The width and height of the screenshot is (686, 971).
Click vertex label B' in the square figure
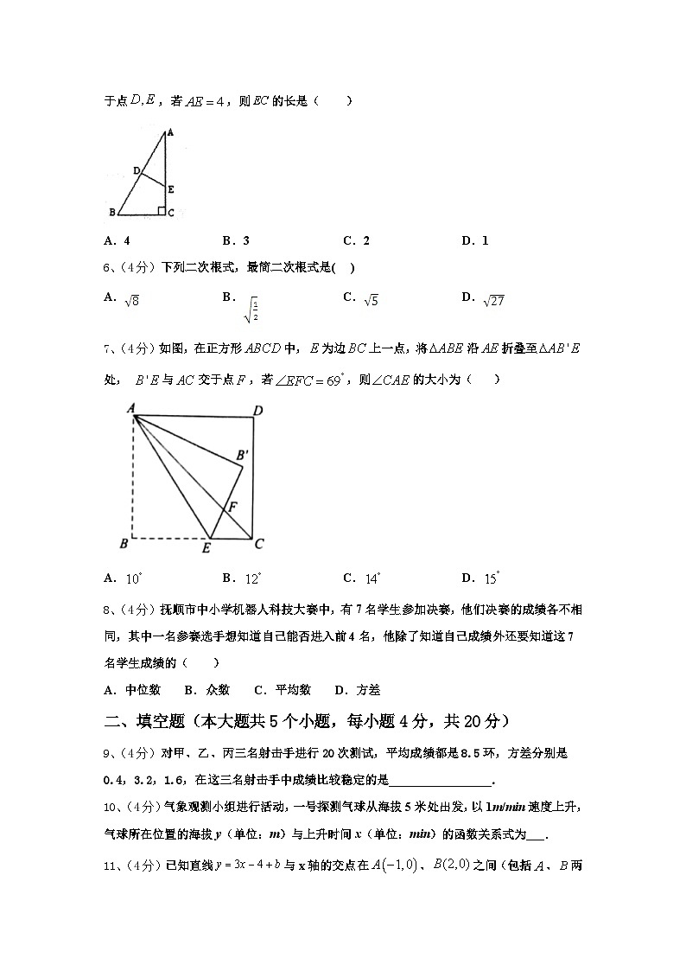tap(243, 455)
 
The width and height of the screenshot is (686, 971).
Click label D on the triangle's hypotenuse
tap(136, 170)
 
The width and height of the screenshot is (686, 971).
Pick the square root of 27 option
tap(492, 300)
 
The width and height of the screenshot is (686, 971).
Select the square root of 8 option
tap(132, 300)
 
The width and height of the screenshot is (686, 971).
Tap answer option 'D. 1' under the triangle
tap(474, 241)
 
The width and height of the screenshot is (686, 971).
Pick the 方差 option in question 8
tap(357, 690)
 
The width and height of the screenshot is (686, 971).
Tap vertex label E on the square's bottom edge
tap(207, 548)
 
